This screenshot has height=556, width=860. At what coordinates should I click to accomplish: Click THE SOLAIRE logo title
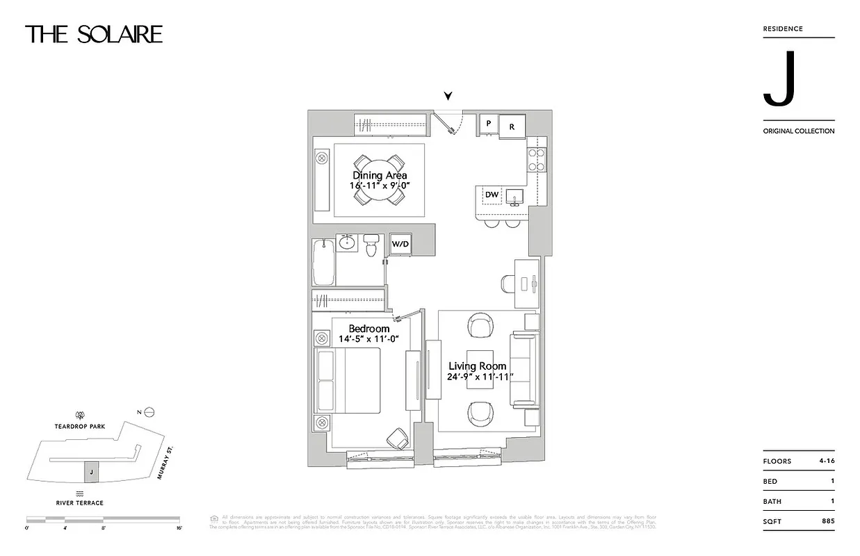pos(94,34)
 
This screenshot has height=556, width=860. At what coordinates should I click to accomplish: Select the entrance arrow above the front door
pos(449,97)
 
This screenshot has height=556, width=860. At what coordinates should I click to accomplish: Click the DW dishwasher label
pos(492,195)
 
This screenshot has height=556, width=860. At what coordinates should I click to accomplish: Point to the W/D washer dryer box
pos(400,244)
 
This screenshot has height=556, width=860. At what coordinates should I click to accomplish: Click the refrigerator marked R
pos(512,126)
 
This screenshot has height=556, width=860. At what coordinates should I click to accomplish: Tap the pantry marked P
pos(489,124)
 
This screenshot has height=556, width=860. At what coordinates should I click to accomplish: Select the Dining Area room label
pos(380,176)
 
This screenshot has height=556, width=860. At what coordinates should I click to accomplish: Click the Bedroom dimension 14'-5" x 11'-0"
pos(368,339)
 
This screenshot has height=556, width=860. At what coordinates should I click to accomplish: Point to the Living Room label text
pos(477,366)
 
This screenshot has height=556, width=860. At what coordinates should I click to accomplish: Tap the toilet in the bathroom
pos(371,244)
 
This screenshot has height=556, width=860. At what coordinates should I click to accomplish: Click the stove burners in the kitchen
pos(536,160)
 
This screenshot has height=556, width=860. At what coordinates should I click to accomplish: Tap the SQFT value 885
pos(827,521)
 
